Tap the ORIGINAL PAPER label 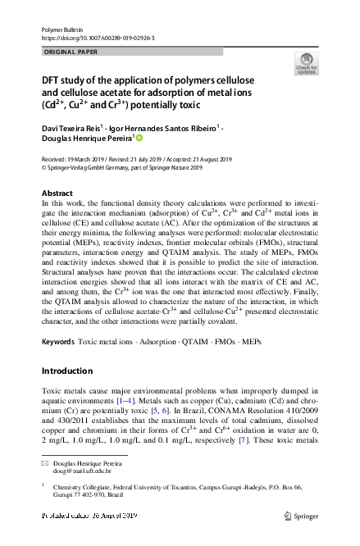click(x=69, y=51)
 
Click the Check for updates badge click(x=306, y=64)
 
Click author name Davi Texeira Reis click(x=70, y=129)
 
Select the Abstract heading click(x=57, y=193)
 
